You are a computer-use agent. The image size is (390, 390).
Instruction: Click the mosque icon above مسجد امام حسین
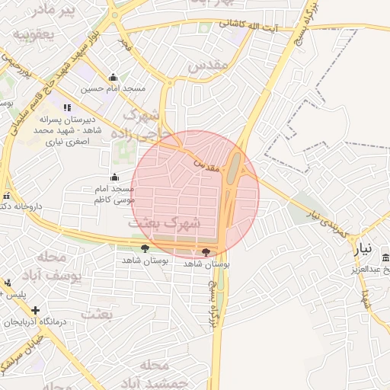click(x=113, y=77)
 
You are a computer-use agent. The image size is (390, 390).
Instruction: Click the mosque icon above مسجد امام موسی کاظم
click(x=114, y=177)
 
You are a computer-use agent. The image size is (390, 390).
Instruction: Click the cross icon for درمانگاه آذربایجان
click(x=35, y=310)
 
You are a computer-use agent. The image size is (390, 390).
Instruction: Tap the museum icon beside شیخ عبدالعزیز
click(x=385, y=257)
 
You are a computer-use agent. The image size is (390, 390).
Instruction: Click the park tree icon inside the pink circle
click(x=206, y=252)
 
